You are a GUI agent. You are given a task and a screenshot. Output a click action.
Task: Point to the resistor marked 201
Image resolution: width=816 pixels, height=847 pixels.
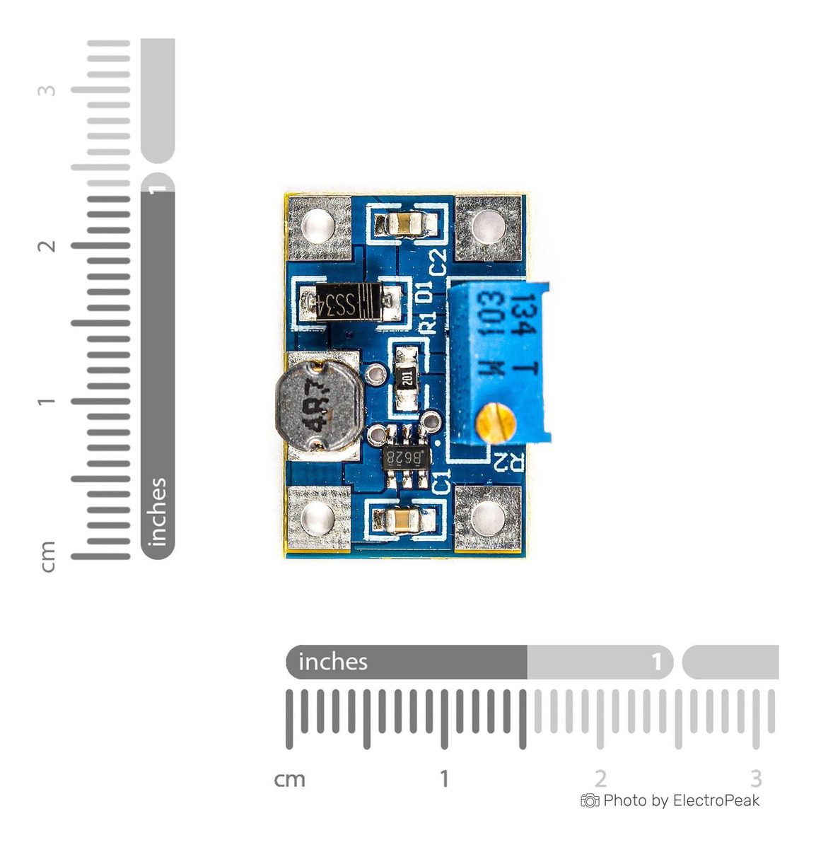point(407,377)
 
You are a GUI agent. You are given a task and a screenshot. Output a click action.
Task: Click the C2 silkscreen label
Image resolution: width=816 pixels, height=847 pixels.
point(438,262)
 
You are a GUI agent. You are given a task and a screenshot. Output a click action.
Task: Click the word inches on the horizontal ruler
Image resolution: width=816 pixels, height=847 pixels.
point(333,662)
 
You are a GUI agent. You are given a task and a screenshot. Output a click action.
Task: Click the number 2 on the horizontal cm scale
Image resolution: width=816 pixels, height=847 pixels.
point(600,778)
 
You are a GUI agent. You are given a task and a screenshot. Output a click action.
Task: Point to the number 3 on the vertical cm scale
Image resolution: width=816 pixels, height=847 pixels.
point(47,90)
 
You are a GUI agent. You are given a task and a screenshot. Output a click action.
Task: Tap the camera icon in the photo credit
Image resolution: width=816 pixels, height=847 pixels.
point(589,800)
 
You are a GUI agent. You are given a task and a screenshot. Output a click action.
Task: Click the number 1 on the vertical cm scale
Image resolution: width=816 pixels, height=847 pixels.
point(47,402)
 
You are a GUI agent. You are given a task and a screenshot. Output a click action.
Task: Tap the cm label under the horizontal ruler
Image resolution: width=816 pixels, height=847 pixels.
point(289,779)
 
